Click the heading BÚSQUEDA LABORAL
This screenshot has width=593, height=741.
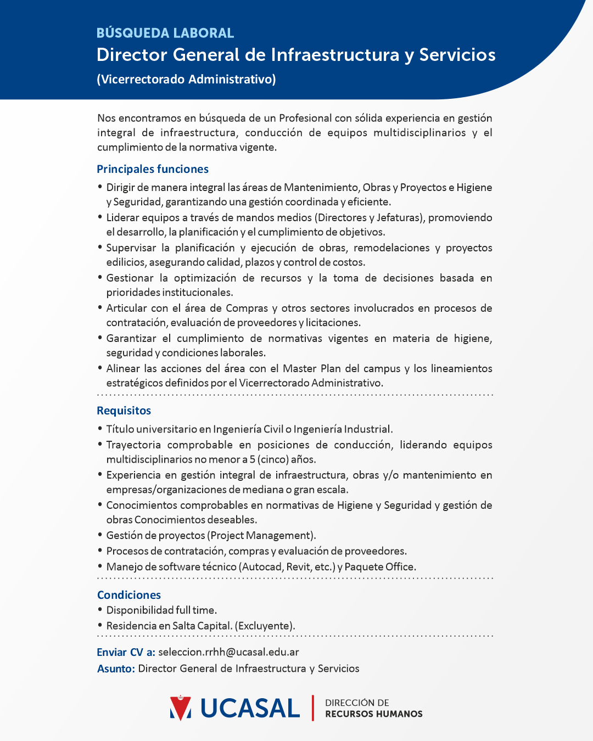(x=165, y=33)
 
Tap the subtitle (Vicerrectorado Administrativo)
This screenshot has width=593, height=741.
(x=186, y=80)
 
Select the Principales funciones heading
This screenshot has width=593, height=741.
(x=153, y=169)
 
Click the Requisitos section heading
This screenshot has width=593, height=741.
(x=124, y=411)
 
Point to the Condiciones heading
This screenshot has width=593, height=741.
(x=129, y=595)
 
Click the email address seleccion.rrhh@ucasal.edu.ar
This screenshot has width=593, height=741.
(x=228, y=652)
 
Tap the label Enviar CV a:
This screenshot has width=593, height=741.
(x=126, y=652)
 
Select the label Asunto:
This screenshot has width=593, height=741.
(x=116, y=669)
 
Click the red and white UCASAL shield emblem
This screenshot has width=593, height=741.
(x=181, y=708)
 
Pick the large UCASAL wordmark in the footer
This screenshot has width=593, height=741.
(x=250, y=708)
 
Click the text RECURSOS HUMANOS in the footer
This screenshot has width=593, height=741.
(x=374, y=714)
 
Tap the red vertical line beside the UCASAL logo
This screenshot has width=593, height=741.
(x=313, y=708)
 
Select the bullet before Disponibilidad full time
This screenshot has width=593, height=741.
(x=100, y=610)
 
